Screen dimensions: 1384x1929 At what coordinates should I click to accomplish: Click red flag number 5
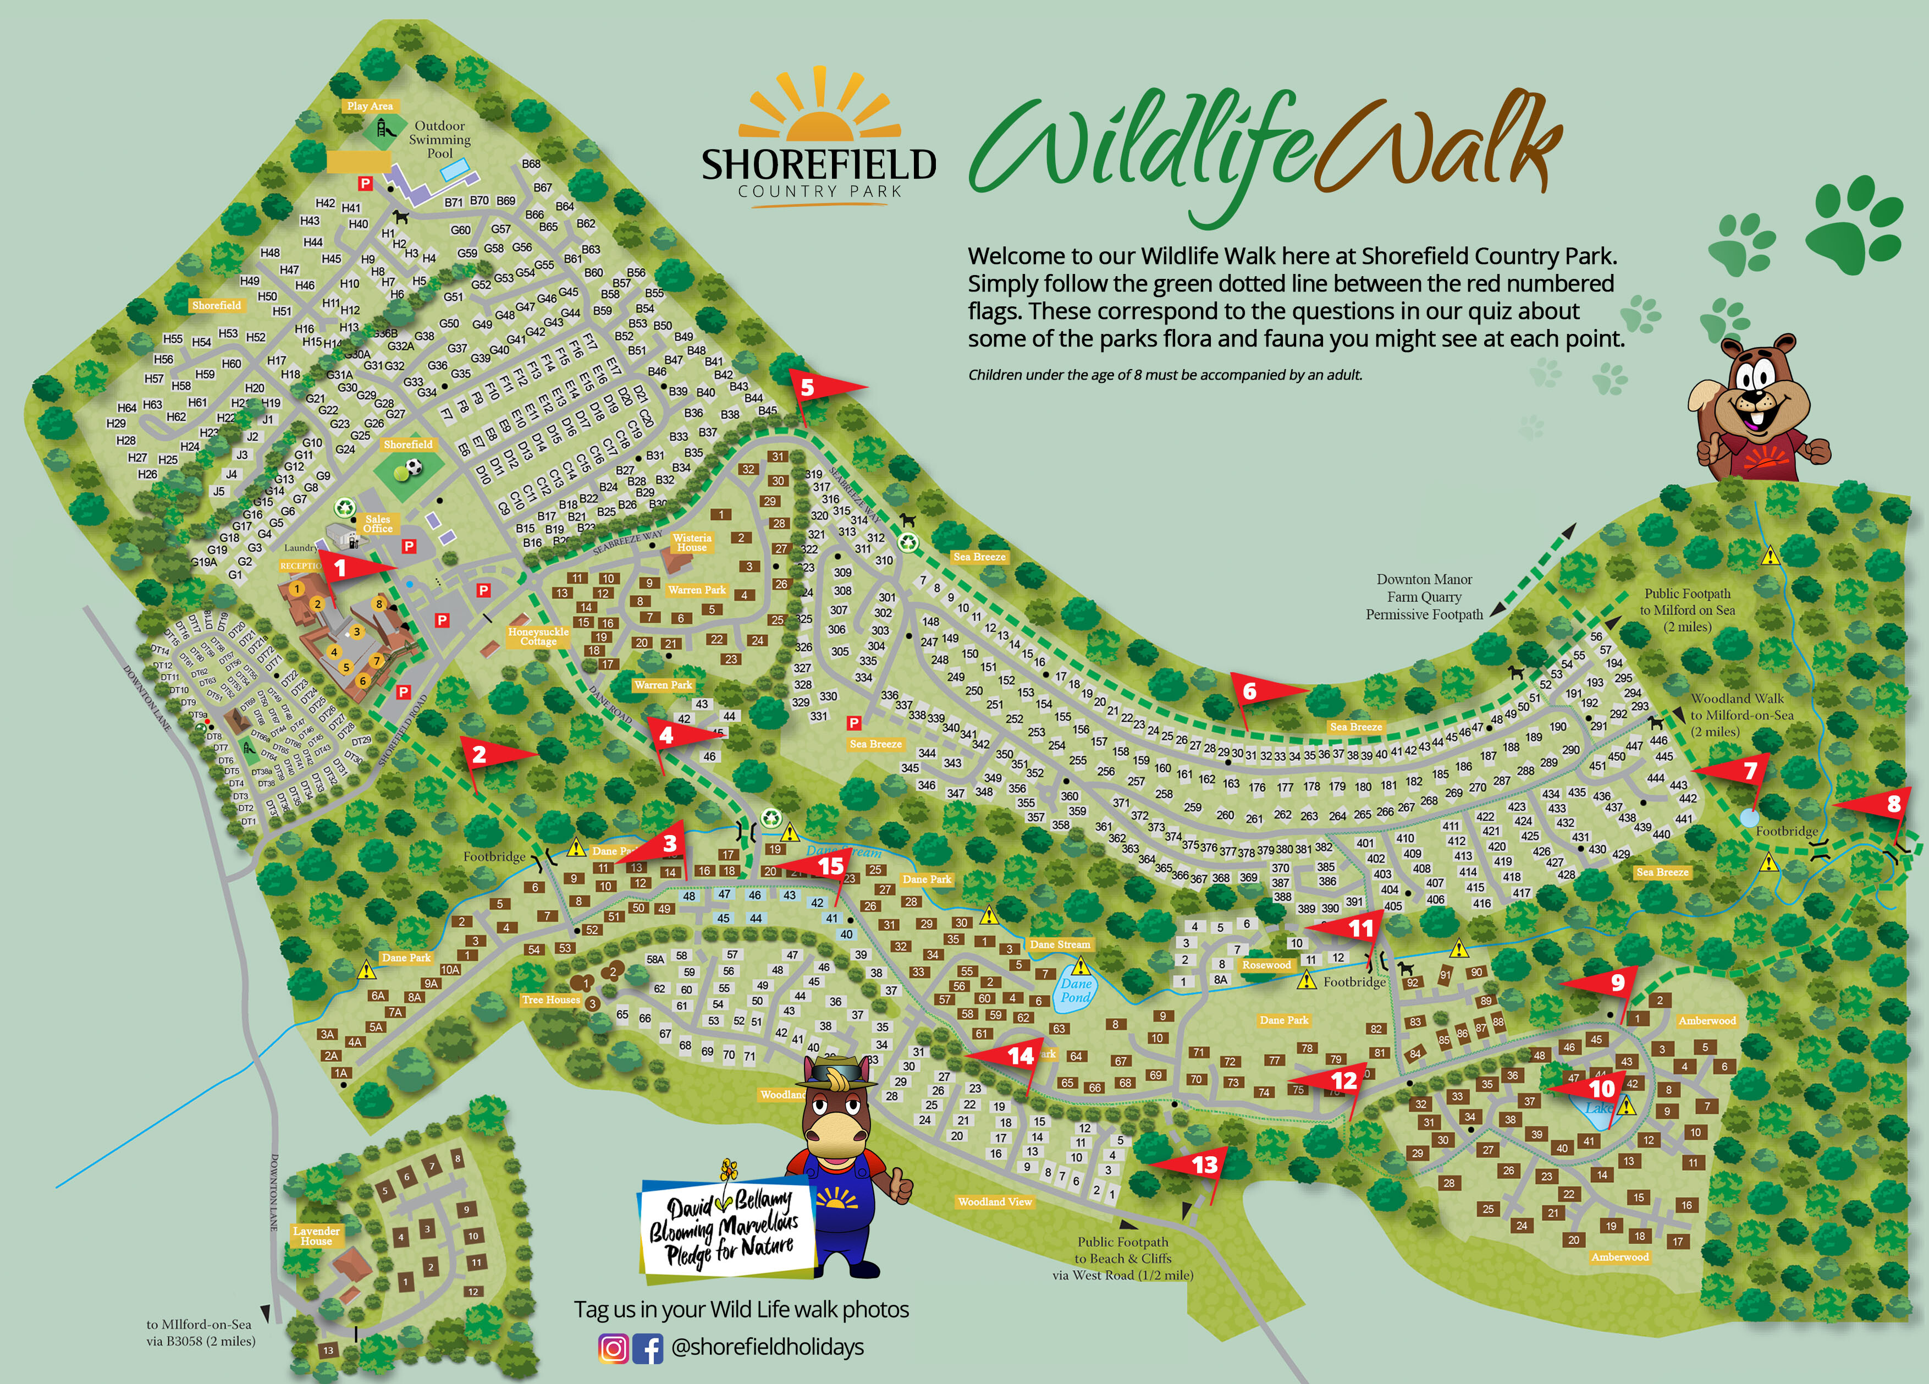[x=812, y=388]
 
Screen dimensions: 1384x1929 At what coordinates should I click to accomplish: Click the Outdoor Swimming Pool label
[x=440, y=140]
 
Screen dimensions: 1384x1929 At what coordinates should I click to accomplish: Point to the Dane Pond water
[x=1075, y=992]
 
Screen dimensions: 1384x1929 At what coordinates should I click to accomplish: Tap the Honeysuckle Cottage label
[x=538, y=636]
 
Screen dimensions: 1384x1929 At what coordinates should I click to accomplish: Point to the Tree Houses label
[x=550, y=999]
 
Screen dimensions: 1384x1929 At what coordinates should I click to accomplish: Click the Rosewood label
[x=1266, y=965]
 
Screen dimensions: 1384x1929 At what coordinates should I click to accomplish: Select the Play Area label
[x=369, y=106]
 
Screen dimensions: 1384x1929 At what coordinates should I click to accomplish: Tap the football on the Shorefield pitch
[x=414, y=467]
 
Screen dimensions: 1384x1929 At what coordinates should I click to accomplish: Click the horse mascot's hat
[x=834, y=1074]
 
